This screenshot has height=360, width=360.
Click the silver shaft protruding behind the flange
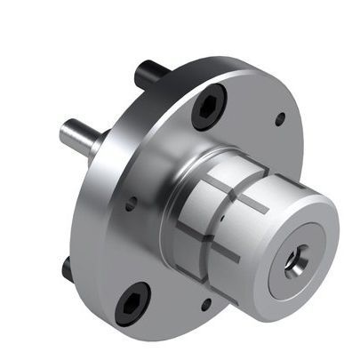tap(80, 136)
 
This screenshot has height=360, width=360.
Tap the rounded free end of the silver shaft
tap(65, 132)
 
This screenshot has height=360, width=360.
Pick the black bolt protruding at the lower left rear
tap(68, 266)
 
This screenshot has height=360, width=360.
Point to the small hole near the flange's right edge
tap(280, 117)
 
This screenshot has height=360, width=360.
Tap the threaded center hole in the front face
tap(293, 261)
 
